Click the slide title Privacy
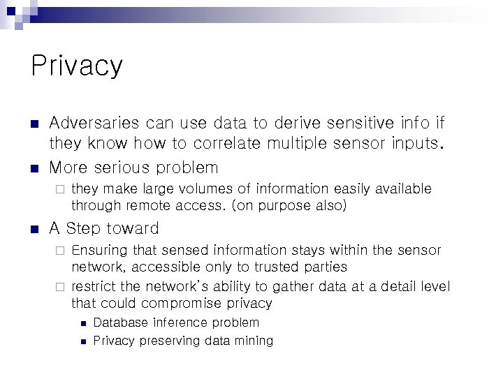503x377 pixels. tap(77, 66)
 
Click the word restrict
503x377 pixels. tap(94, 286)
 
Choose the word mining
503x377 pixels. tap(253, 341)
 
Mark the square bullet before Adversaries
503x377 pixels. tap(35, 124)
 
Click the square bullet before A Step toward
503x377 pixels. tap(35, 229)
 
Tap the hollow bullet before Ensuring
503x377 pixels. tap(60, 250)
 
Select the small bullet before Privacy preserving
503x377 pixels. tap(82, 341)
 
